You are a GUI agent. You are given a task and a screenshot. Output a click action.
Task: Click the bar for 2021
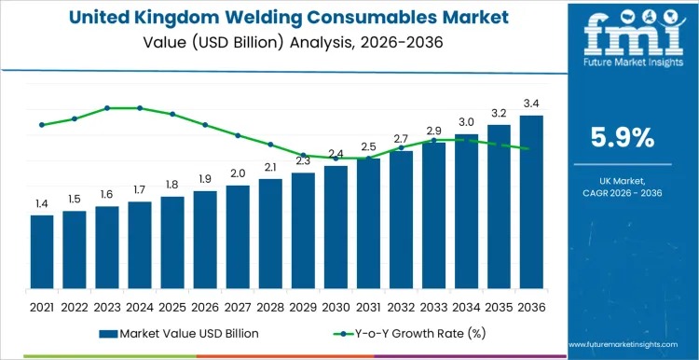(42, 255)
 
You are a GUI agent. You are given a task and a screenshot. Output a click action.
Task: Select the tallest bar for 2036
(531, 204)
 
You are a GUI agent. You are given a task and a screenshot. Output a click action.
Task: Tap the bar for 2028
(270, 236)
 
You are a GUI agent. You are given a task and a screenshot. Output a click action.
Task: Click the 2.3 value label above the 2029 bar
(303, 160)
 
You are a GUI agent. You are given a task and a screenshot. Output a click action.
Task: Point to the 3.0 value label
(466, 122)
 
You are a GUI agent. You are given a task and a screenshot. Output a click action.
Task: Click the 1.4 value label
(42, 203)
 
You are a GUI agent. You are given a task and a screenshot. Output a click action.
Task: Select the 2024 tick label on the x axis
(140, 306)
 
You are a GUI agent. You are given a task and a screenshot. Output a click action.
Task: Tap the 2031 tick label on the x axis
(368, 306)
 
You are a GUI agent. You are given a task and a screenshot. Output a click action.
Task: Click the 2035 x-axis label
(499, 306)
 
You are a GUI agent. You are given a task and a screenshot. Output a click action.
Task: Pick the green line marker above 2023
(107, 108)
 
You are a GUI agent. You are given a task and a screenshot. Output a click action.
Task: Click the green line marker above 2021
(42, 124)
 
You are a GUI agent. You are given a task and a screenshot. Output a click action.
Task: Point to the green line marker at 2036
(531, 149)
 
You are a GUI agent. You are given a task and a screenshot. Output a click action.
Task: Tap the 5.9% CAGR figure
(624, 138)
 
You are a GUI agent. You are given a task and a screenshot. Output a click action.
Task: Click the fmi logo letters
(623, 35)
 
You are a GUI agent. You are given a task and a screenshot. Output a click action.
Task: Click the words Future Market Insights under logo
(623, 67)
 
